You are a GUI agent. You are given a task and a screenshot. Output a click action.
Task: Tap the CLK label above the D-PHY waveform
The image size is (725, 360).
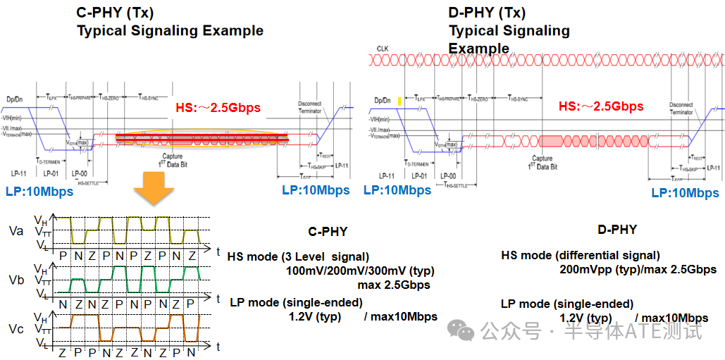coord(383,49)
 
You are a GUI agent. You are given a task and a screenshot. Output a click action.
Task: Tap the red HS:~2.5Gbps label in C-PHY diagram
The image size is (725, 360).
coord(218,108)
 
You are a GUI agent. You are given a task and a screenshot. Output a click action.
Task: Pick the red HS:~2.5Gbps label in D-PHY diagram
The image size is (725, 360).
coord(601,106)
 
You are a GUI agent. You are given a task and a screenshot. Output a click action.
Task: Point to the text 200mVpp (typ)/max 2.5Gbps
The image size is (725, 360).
coord(638,269)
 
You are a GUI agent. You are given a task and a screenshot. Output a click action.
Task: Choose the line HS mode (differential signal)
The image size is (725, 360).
coord(581,255)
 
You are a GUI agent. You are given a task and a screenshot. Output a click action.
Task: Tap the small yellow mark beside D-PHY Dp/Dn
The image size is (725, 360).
coord(399,101)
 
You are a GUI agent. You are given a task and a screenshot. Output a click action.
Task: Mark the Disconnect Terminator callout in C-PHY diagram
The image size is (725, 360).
coord(310,107)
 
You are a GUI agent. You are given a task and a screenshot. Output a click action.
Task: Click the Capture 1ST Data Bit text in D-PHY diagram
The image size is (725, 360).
coord(543,163)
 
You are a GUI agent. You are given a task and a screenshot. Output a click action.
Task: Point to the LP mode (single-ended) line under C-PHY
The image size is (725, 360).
coord(297,302)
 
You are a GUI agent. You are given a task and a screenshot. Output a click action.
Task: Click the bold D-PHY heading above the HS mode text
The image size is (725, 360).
coord(616,229)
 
